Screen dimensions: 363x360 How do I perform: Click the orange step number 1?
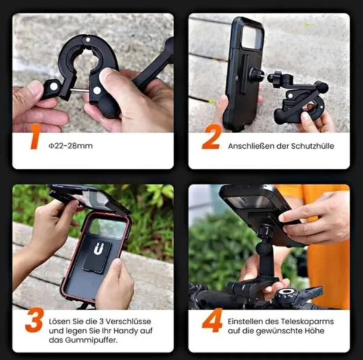point(35,137)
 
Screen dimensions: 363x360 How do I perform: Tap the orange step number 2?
point(211,137)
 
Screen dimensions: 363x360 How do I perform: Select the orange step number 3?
point(34,320)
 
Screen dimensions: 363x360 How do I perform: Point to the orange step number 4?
point(212,320)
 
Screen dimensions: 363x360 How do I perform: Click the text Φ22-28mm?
point(71,146)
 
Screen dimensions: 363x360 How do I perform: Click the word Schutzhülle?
point(313,146)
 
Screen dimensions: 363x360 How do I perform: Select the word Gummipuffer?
point(91,340)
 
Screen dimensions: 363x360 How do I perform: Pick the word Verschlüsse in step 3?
point(128,321)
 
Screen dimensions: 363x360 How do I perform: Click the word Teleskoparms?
point(307,321)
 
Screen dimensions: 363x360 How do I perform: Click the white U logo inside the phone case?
point(99,249)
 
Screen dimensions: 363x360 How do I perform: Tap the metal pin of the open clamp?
point(79,90)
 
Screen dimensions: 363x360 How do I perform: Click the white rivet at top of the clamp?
point(88,39)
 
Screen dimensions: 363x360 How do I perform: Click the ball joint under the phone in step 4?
point(264,247)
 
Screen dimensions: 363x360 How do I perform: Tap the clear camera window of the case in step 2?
point(252,36)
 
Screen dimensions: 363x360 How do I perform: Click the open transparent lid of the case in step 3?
point(89,198)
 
